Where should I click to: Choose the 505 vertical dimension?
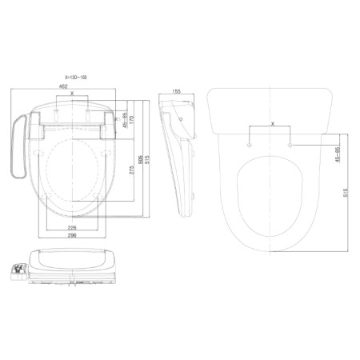pyautogui.click(x=142, y=159)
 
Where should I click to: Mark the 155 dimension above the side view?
pyautogui.click(x=176, y=92)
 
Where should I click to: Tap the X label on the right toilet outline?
pyautogui.click(x=273, y=125)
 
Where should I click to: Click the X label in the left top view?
pyautogui.click(x=73, y=94)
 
